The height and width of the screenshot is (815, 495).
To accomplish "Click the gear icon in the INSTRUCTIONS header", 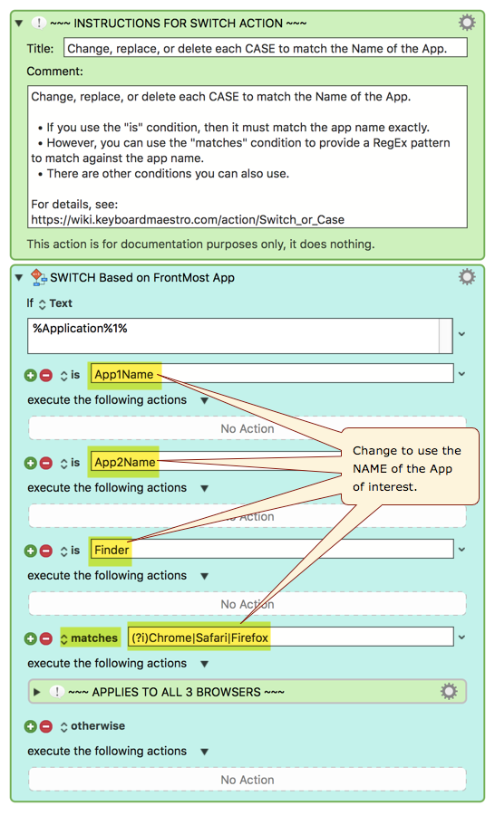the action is point(466,23).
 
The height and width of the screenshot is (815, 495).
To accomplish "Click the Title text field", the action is point(265,48).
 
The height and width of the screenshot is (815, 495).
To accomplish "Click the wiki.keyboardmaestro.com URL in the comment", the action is point(188,219).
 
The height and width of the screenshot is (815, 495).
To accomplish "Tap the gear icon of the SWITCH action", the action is point(466,276).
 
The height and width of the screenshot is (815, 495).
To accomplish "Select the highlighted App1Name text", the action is point(124,374).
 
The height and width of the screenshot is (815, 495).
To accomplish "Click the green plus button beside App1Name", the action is point(31,375).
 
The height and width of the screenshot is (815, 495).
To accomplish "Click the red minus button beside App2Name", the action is point(46,463).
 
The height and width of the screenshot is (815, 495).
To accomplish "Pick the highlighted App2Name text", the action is point(125,462).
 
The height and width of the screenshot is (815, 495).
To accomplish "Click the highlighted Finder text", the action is point(112,550).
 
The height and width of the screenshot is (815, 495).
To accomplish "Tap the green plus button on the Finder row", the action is point(31,551).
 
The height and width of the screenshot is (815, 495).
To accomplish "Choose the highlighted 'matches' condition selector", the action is point(90,638).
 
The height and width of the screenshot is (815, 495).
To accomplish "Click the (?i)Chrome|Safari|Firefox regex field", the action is point(290,638).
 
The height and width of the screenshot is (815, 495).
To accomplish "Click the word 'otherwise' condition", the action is point(98,725).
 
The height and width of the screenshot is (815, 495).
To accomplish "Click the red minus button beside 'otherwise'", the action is point(46,726).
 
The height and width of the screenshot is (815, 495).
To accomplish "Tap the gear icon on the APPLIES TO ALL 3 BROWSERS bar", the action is point(449,691).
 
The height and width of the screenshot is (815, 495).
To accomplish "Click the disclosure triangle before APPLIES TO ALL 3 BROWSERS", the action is point(36,692).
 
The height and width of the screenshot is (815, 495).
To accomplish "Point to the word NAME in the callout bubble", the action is point(370,469).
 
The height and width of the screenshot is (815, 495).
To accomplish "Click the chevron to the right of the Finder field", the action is point(461,550).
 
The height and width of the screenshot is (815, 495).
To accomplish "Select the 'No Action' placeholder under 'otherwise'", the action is point(247,780).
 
